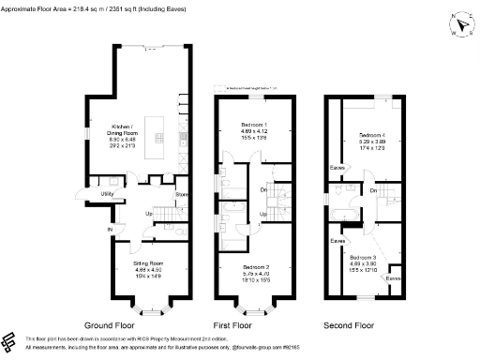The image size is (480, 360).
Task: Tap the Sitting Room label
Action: coord(148,265)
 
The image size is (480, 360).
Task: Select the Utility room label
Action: coord(110,194)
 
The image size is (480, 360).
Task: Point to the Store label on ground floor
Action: coord(181,195)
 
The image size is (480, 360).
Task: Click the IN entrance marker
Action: coord(109,229)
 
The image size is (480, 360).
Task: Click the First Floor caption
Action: coord(247,324)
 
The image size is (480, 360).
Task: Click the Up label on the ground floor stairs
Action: coord(148,213)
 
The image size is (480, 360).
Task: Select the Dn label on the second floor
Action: coord(372,191)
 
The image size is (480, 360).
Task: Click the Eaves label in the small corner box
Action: coord(395,278)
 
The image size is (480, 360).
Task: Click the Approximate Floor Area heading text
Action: coord(94,7)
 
